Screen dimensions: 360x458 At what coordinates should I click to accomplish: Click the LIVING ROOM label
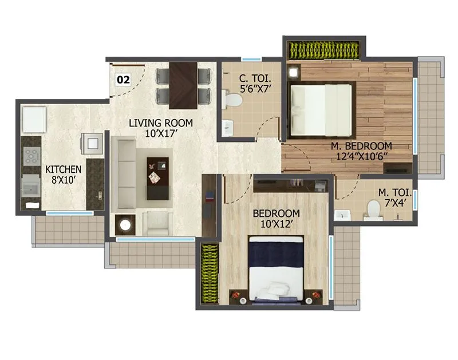click(160, 123)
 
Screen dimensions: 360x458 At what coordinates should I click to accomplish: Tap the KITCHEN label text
click(64, 169)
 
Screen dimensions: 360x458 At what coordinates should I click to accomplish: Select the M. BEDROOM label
click(361, 146)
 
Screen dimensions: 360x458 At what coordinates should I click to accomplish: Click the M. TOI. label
click(394, 193)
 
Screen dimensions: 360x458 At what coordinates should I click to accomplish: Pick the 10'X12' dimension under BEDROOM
click(276, 224)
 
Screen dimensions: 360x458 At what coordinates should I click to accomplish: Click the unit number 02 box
click(123, 80)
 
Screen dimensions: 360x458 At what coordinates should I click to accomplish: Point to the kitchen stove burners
click(30, 155)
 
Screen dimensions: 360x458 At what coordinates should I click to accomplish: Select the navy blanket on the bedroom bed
click(276, 252)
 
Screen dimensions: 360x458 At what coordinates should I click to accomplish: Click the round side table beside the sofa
click(124, 224)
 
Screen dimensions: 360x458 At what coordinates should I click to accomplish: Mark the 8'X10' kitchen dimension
click(64, 180)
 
